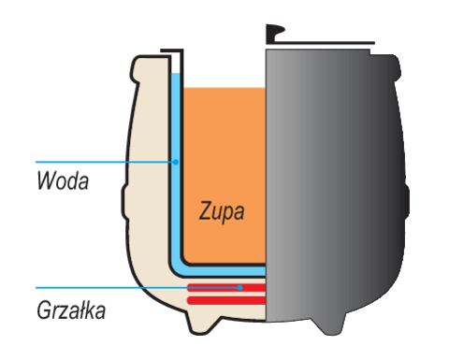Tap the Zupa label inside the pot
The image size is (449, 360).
[x=222, y=211]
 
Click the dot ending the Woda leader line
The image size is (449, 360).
[x=175, y=162]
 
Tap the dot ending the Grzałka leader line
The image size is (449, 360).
[x=240, y=287]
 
